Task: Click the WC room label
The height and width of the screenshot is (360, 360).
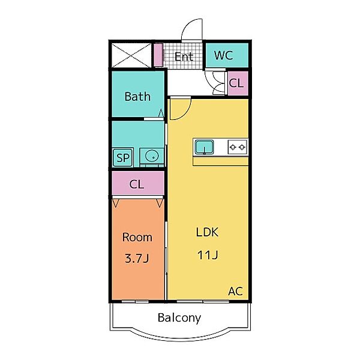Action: tap(223, 55)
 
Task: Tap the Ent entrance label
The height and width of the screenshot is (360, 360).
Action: tap(184, 57)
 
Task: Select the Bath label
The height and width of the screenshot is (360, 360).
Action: tap(137, 97)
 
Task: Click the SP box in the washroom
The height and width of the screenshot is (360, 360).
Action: tap(123, 158)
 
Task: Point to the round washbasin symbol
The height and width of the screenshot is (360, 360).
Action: tap(152, 156)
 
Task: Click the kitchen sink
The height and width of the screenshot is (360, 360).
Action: tap(204, 147)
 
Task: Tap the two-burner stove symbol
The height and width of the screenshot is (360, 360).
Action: tap(238, 147)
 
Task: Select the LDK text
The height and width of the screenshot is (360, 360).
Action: tap(207, 232)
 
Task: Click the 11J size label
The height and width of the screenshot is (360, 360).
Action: tap(208, 255)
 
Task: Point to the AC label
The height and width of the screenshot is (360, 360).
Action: tap(236, 292)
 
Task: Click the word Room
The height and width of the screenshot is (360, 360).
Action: tap(137, 237)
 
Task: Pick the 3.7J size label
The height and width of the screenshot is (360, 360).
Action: tap(137, 259)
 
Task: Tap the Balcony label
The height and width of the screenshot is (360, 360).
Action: tap(179, 318)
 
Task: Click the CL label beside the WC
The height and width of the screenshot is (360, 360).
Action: tap(236, 83)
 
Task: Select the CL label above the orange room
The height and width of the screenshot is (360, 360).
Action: tap(137, 184)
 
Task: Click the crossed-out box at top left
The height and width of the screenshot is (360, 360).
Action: tap(131, 55)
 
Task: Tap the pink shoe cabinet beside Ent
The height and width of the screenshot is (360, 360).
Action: tap(158, 55)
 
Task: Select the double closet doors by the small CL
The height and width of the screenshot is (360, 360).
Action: tap(215, 83)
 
